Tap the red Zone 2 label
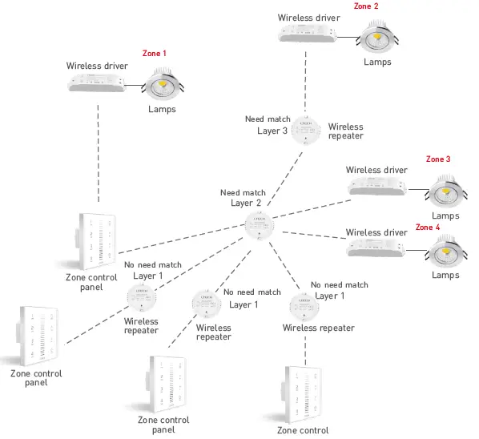[x=366, y=6]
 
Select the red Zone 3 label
[x=438, y=159]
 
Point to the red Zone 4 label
[x=427, y=228]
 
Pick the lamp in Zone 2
[x=377, y=37]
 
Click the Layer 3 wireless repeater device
[x=304, y=128]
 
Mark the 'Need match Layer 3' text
[x=267, y=124]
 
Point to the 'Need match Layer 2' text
[x=242, y=198]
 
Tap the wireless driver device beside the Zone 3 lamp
[x=376, y=187]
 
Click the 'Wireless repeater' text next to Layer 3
[x=345, y=131]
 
